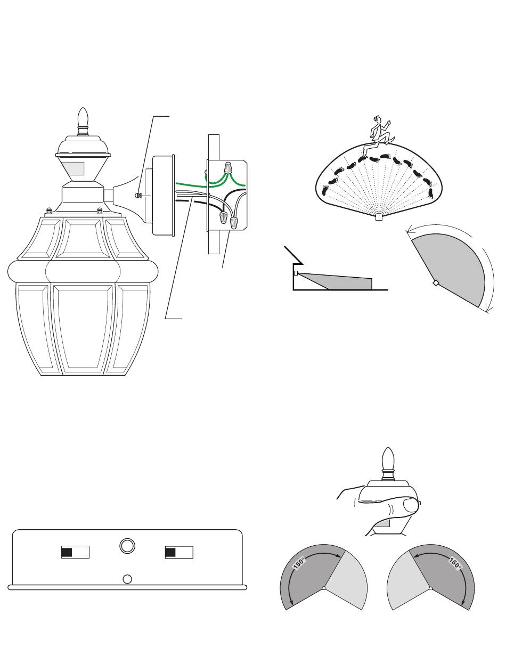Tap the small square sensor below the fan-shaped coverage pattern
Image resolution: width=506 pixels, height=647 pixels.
tap(379, 217)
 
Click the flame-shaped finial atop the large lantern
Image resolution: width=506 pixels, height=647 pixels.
tap(83, 118)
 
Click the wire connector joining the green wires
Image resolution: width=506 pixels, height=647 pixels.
tap(228, 168)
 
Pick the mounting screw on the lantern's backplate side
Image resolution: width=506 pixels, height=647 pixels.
tap(137, 195)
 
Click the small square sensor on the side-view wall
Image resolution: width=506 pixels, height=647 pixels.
tap(296, 273)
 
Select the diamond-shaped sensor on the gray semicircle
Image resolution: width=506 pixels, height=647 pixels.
tap(436, 283)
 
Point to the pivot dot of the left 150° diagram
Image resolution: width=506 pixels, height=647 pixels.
tap(324, 588)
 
